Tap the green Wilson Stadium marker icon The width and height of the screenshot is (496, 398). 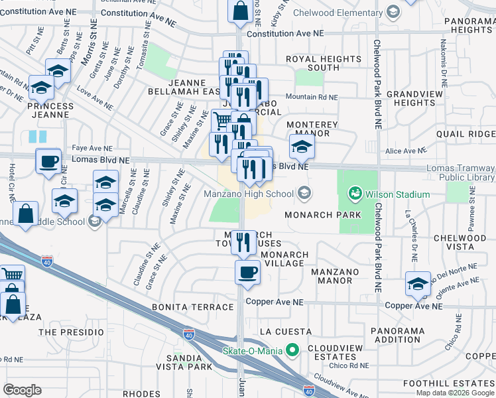pyautogui.click(x=353, y=194)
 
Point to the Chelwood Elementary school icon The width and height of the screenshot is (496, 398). pyautogui.click(x=393, y=11)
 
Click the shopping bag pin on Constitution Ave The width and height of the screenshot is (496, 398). pyautogui.click(x=239, y=11)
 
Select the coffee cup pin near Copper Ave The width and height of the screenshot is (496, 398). pyautogui.click(x=248, y=272)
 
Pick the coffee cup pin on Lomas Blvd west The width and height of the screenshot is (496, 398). pyautogui.click(x=48, y=161)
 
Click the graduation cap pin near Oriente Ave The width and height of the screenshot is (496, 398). pyautogui.click(x=418, y=284)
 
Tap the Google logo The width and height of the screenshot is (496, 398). pyautogui.click(x=23, y=390)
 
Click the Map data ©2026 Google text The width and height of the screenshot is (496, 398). pyautogui.click(x=455, y=393)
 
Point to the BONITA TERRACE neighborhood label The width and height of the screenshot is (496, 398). pyautogui.click(x=193, y=307)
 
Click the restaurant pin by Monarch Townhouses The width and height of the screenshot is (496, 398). pyautogui.click(x=243, y=242)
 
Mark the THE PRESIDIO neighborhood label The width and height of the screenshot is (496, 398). pyautogui.click(x=72, y=332)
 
